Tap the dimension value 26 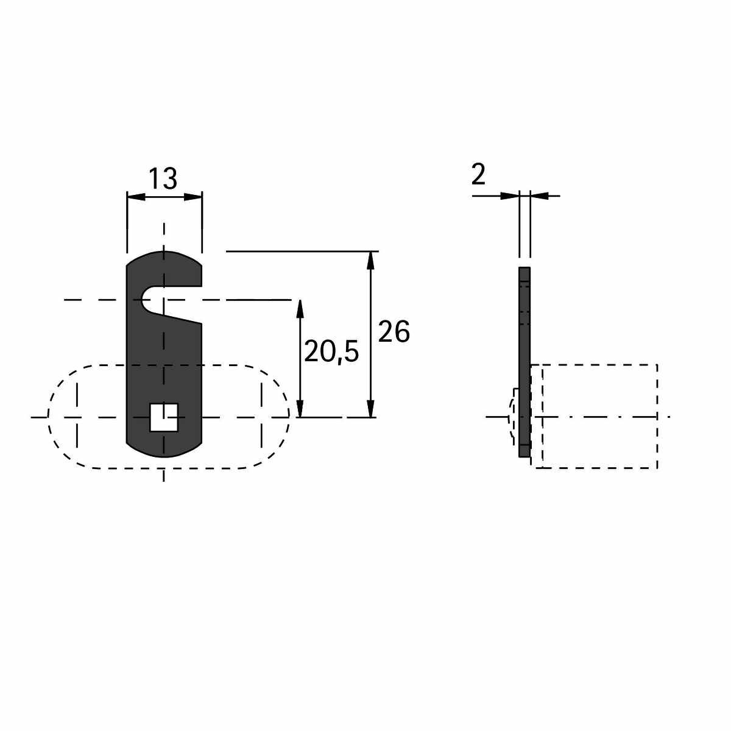[394, 331]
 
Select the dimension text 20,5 [331, 351]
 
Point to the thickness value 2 [478, 175]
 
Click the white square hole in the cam [164, 418]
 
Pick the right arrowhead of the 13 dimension [192, 197]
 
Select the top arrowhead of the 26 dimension [371, 261]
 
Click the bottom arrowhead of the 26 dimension [371, 408]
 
